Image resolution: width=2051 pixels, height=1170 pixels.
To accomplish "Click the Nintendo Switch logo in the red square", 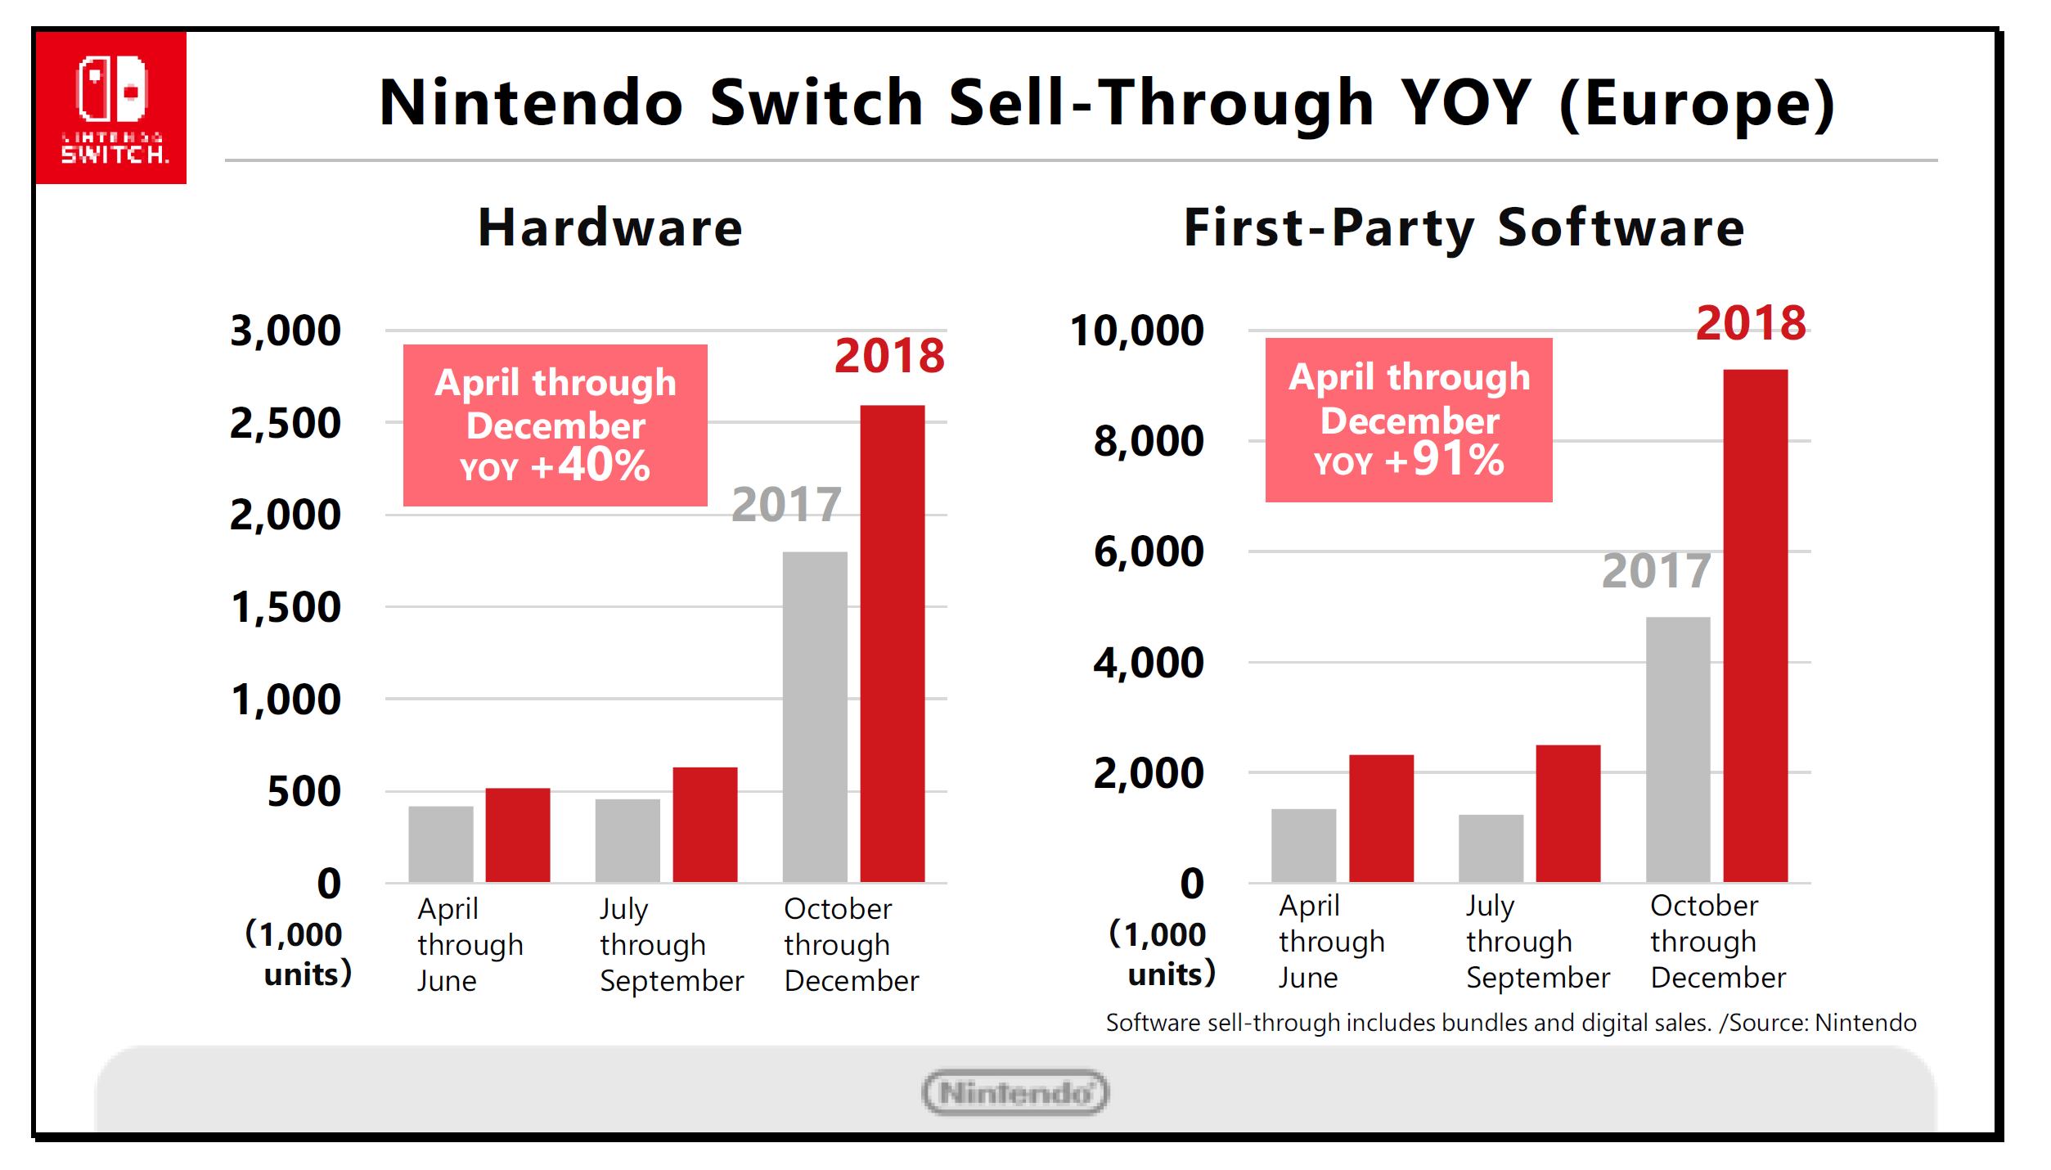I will (111, 107).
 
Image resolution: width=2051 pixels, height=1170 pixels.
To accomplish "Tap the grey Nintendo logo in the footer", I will (1014, 1092).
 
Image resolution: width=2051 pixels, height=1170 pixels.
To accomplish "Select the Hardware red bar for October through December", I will (892, 643).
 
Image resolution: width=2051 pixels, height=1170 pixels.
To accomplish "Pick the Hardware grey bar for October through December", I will (815, 717).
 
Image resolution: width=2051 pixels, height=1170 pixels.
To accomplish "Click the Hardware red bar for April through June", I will (517, 835).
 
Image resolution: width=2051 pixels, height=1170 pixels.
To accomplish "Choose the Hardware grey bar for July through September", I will (627, 840).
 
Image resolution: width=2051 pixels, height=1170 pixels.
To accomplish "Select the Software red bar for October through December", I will (1755, 625).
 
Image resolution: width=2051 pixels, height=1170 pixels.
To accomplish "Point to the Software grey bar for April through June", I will (1303, 845).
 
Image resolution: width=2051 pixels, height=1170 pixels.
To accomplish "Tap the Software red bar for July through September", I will (1567, 813).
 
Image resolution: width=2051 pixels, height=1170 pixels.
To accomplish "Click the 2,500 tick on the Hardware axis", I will (285, 424).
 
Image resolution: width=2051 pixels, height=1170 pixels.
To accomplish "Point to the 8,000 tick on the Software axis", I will (1148, 442).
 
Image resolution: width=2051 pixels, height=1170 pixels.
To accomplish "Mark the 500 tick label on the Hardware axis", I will (304, 792).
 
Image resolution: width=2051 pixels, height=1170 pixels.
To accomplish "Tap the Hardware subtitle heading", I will (610, 227).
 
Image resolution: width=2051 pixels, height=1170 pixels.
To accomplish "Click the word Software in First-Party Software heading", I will (1621, 227).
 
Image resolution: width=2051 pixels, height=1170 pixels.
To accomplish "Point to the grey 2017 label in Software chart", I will (1656, 570).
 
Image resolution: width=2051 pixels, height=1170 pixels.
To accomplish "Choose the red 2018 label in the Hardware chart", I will (889, 356).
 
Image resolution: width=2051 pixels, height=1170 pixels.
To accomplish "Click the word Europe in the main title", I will (1698, 104).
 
